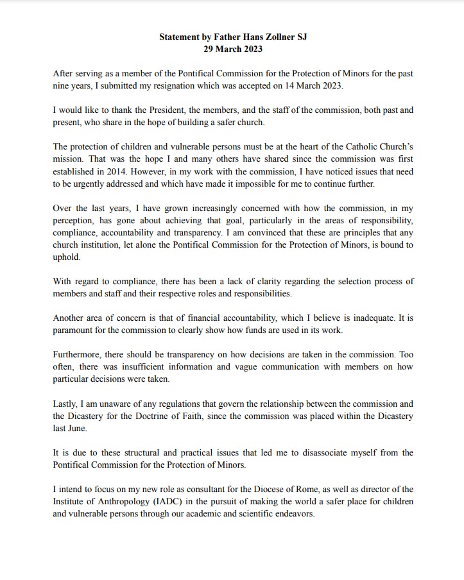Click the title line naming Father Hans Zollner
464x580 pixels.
pyautogui.click(x=233, y=37)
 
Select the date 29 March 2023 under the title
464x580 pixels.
pyautogui.click(x=232, y=49)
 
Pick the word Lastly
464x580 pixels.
pyautogui.click(x=65, y=404)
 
